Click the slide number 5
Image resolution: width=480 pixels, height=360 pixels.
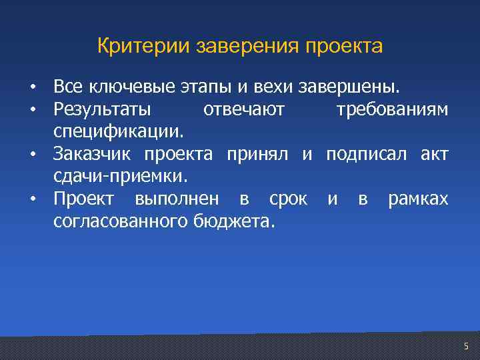[466, 345]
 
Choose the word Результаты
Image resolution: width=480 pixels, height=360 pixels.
[103, 109]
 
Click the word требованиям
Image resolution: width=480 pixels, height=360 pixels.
[392, 109]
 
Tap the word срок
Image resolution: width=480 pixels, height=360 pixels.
[288, 199]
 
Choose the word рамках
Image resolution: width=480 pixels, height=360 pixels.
[418, 199]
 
